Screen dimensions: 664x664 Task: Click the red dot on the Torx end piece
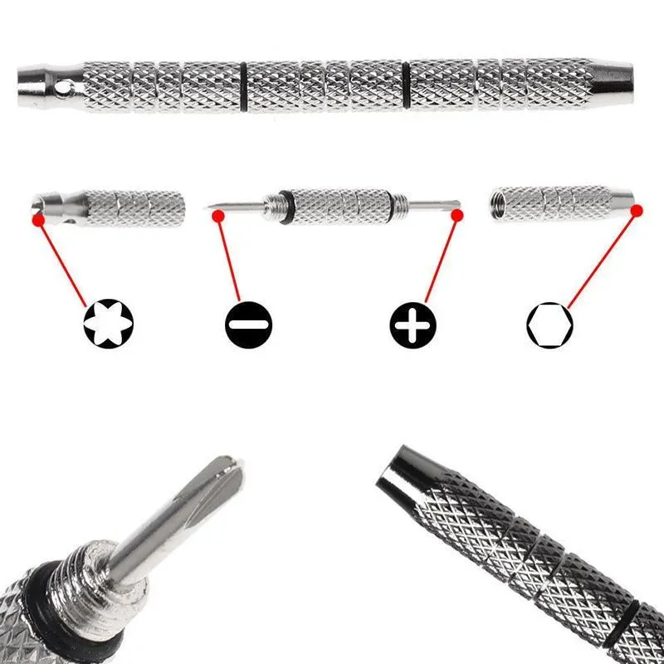(37, 220)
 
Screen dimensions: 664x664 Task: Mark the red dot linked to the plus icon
(456, 216)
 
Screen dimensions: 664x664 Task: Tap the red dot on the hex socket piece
(637, 212)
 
